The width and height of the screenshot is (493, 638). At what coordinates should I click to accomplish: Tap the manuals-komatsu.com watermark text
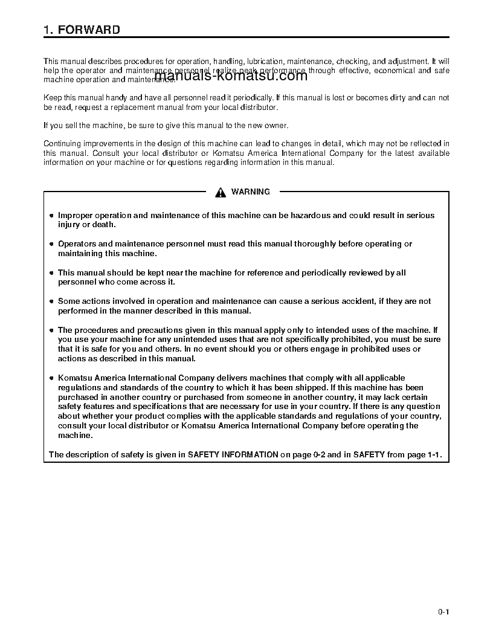coord(231,76)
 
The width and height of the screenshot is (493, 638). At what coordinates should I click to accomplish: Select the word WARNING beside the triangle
coord(250,192)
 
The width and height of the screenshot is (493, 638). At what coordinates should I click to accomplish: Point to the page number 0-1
coord(443,611)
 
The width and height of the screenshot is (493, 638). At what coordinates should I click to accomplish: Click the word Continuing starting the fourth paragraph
coord(62,144)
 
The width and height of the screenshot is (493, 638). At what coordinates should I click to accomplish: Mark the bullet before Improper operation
coord(51,216)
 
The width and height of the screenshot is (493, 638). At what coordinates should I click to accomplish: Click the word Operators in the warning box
coord(76,244)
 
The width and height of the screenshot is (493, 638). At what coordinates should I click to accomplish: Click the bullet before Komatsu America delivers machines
coord(51,378)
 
